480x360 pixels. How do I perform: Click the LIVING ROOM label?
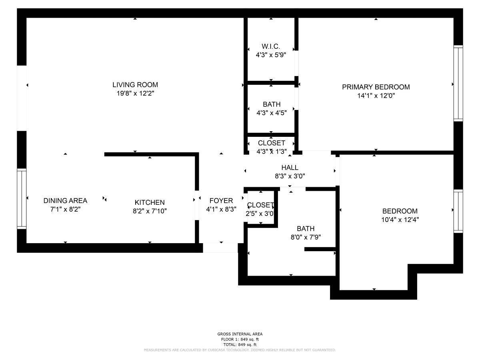click(x=135, y=85)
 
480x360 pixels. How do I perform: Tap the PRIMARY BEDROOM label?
click(x=376, y=87)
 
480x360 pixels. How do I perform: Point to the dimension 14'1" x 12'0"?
click(x=376, y=96)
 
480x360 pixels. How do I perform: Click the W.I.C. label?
click(x=271, y=46)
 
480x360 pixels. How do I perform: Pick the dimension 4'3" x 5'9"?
click(x=271, y=55)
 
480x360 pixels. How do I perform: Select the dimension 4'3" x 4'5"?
click(x=271, y=113)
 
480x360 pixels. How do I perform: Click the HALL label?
click(x=290, y=168)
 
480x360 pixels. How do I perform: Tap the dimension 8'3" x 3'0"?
click(x=290, y=176)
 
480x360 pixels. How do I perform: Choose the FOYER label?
click(x=221, y=201)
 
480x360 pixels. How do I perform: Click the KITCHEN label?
click(x=150, y=203)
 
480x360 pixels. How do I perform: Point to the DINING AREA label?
click(x=65, y=201)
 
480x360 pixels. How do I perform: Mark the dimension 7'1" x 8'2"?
click(x=65, y=209)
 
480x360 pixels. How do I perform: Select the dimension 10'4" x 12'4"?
click(x=400, y=220)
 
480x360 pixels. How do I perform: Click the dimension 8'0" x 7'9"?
click(x=305, y=237)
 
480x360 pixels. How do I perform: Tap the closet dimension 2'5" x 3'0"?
click(x=260, y=214)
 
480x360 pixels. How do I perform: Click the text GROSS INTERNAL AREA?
click(x=240, y=334)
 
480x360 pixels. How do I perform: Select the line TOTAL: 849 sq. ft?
click(x=240, y=344)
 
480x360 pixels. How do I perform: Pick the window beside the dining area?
click(x=22, y=199)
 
